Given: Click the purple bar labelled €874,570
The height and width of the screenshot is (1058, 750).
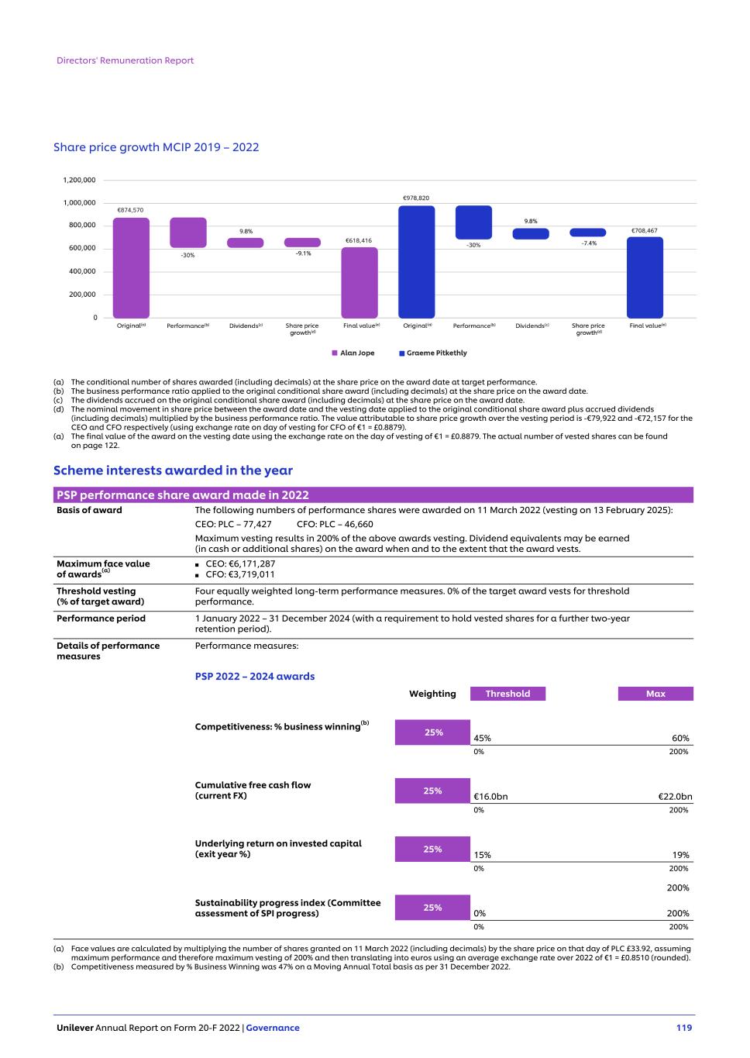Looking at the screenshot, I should pos(131,267).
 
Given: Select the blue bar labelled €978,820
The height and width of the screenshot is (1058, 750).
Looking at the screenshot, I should pos(417,261).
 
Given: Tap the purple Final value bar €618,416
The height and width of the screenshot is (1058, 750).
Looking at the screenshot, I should pos(360,283).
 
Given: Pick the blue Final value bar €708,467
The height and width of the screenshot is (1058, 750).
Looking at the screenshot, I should pos(645,277).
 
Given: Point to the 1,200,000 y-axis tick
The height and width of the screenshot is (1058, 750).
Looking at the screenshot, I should pos(79,180).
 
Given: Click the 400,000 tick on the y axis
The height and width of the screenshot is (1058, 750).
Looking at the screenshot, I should pos(82,271).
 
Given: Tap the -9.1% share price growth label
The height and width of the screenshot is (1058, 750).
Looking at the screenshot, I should pos(303,253).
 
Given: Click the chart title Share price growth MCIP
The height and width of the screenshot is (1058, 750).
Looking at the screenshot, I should pos(156,147).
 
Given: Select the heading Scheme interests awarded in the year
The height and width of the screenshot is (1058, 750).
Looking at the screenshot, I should pos(173,470).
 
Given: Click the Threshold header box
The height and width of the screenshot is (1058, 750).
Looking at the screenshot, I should pos(507,694).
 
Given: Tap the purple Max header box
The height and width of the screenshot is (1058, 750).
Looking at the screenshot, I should pos(655,694).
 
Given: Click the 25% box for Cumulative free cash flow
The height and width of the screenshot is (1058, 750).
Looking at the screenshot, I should pos(432,791).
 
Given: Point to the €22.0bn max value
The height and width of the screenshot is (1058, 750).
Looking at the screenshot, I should pos(675,797).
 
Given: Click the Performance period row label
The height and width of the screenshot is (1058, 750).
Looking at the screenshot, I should pos(101,619).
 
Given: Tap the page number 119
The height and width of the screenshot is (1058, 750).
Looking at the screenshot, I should pos(683,1028).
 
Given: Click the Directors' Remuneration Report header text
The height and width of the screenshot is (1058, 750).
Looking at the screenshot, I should pos(126,60).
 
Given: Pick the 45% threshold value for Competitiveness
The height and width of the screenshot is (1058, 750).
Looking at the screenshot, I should pos(482,739).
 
